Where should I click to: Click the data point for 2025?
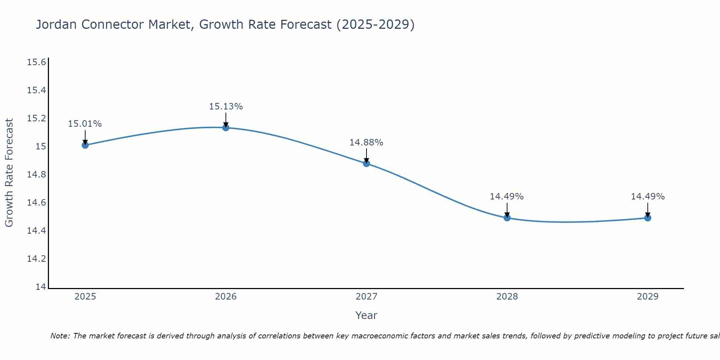point(85,145)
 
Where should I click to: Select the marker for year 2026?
point(226,127)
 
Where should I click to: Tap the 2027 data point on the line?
point(366,163)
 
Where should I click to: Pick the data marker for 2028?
point(507,217)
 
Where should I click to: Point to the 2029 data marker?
point(648,217)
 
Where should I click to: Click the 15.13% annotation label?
point(226,107)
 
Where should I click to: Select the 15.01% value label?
point(85,124)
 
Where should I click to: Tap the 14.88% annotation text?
point(366,143)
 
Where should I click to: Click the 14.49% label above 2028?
point(507,197)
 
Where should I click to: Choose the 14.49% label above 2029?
point(648,197)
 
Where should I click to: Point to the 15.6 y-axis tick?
point(36,62)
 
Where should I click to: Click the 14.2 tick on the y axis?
point(36,259)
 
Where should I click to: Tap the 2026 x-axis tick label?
point(226,297)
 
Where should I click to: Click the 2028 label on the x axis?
point(507,297)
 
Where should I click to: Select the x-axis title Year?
point(366,315)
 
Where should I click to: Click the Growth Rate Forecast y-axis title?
point(9,173)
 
